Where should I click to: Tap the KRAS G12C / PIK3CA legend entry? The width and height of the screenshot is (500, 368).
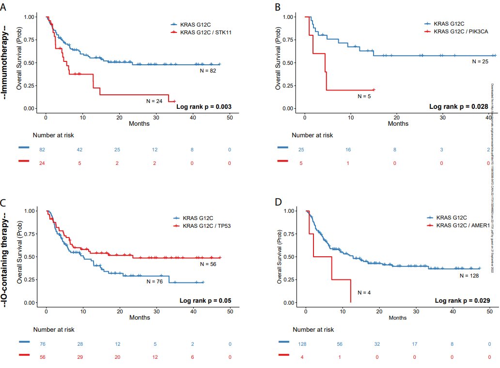(461, 31)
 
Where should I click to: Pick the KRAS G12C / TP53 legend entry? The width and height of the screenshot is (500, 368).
(207, 226)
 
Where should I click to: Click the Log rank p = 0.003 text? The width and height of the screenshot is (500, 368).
(203, 106)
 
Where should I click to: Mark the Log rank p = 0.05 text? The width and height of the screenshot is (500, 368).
(205, 301)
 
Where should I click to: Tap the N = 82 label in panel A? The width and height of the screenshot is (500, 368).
(208, 71)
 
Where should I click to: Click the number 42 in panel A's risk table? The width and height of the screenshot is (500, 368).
(80, 150)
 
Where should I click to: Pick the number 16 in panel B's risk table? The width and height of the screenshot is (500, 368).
(348, 150)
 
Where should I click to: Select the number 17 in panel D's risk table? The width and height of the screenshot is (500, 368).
(414, 344)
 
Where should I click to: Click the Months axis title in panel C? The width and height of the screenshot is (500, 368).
(139, 318)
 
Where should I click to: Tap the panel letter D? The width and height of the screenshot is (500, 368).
(278, 201)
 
